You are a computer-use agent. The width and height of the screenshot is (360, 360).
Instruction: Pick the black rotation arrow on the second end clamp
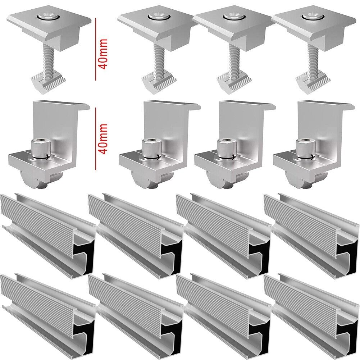152,158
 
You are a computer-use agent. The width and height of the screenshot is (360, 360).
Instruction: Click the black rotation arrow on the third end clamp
227,158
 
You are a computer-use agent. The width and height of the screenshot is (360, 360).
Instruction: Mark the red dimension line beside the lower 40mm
96,139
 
